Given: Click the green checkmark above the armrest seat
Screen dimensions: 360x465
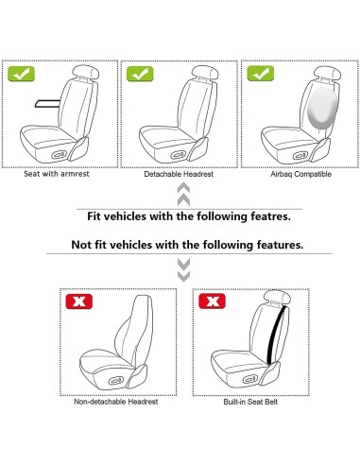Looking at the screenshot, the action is point(21,74).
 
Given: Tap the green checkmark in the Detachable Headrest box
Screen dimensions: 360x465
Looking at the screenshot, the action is point(140,74).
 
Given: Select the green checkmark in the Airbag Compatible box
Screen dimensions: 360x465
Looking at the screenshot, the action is point(261,74).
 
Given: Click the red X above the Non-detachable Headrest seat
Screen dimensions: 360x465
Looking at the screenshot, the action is point(78,301).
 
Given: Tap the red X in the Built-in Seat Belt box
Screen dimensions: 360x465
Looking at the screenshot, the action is point(212,301).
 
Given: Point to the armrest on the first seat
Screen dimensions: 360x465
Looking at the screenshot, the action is point(47,104).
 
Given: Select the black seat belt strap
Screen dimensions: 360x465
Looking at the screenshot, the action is point(277,335).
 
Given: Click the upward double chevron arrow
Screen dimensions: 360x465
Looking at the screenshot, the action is point(183,195).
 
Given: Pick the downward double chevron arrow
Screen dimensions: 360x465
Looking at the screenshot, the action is point(183,270).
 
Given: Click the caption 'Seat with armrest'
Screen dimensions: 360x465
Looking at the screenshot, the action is point(57,174).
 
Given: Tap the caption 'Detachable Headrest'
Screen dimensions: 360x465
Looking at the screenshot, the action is point(179,174).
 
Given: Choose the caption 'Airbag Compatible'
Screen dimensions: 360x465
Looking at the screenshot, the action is point(300,174).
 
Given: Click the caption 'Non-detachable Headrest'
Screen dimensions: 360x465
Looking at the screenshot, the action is point(116,402).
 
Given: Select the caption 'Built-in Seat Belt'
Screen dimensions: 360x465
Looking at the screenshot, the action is point(250,402).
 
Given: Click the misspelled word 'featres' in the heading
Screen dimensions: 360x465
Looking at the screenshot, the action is point(270,216).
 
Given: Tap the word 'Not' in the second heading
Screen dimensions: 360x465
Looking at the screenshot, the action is point(80,245).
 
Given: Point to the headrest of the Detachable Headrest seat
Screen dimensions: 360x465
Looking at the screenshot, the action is point(205,73).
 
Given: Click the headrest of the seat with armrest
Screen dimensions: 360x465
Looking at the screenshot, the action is point(86,72).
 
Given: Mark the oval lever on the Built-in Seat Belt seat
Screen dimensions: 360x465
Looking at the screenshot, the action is point(251,379).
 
